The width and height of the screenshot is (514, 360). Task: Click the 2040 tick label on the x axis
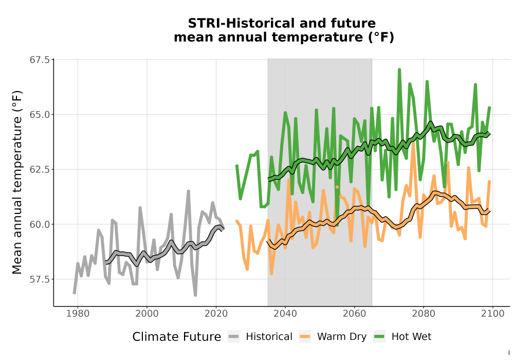[x=285, y=313]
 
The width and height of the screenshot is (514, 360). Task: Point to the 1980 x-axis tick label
[x=78, y=313]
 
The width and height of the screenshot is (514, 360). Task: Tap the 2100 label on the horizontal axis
[x=492, y=313]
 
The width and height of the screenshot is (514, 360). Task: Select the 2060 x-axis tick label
[x=354, y=313]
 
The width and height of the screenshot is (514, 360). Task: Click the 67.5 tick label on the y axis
[x=40, y=60]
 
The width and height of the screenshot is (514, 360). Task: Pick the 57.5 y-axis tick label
[x=40, y=279]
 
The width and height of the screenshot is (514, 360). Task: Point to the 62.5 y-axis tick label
[x=40, y=170]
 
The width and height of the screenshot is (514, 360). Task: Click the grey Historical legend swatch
[x=234, y=336]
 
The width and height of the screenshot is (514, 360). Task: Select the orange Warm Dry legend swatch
[x=305, y=336]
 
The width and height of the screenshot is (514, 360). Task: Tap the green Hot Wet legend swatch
[x=379, y=336]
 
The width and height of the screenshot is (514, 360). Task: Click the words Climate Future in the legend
[x=177, y=337]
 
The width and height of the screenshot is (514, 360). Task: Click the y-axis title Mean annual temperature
[x=17, y=182]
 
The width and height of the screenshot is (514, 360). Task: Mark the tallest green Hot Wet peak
[x=399, y=69]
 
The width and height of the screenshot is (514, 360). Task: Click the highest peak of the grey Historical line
[x=189, y=191]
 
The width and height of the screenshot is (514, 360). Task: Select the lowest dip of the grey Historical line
[x=195, y=295]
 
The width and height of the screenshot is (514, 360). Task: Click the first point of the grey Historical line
[x=75, y=293]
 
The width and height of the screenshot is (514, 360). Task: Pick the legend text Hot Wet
[x=411, y=336]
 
